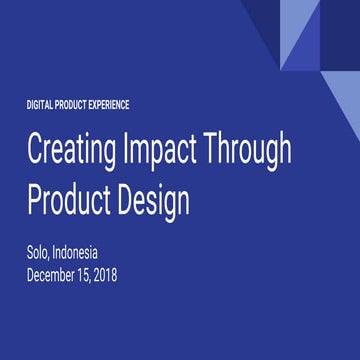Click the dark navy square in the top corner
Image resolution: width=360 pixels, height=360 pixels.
coord(340,20)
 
